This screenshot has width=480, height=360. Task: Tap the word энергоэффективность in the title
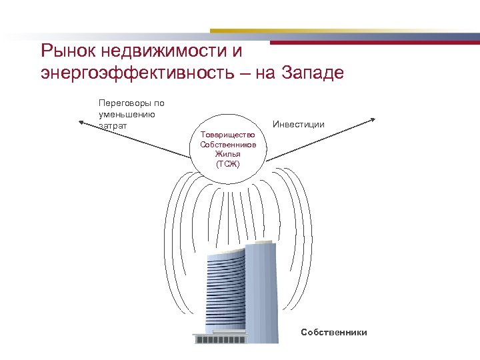[133, 72]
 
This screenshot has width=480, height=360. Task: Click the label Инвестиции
[299, 124]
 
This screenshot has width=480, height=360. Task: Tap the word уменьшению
[127, 114]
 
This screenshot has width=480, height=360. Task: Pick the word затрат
[112, 125]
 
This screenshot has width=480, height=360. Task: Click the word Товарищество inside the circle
[227, 135]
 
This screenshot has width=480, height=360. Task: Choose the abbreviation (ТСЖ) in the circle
[227, 163]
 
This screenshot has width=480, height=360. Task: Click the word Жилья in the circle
[227, 154]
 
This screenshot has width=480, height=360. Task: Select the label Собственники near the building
[333, 331]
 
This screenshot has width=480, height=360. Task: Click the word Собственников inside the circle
[227, 145]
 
